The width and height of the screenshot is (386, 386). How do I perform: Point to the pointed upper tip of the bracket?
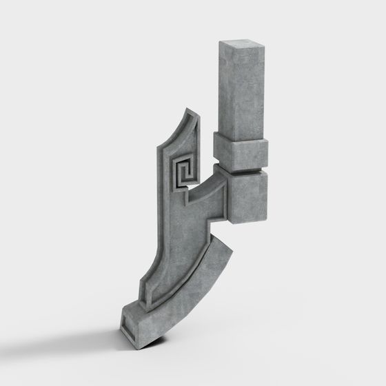187,112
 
